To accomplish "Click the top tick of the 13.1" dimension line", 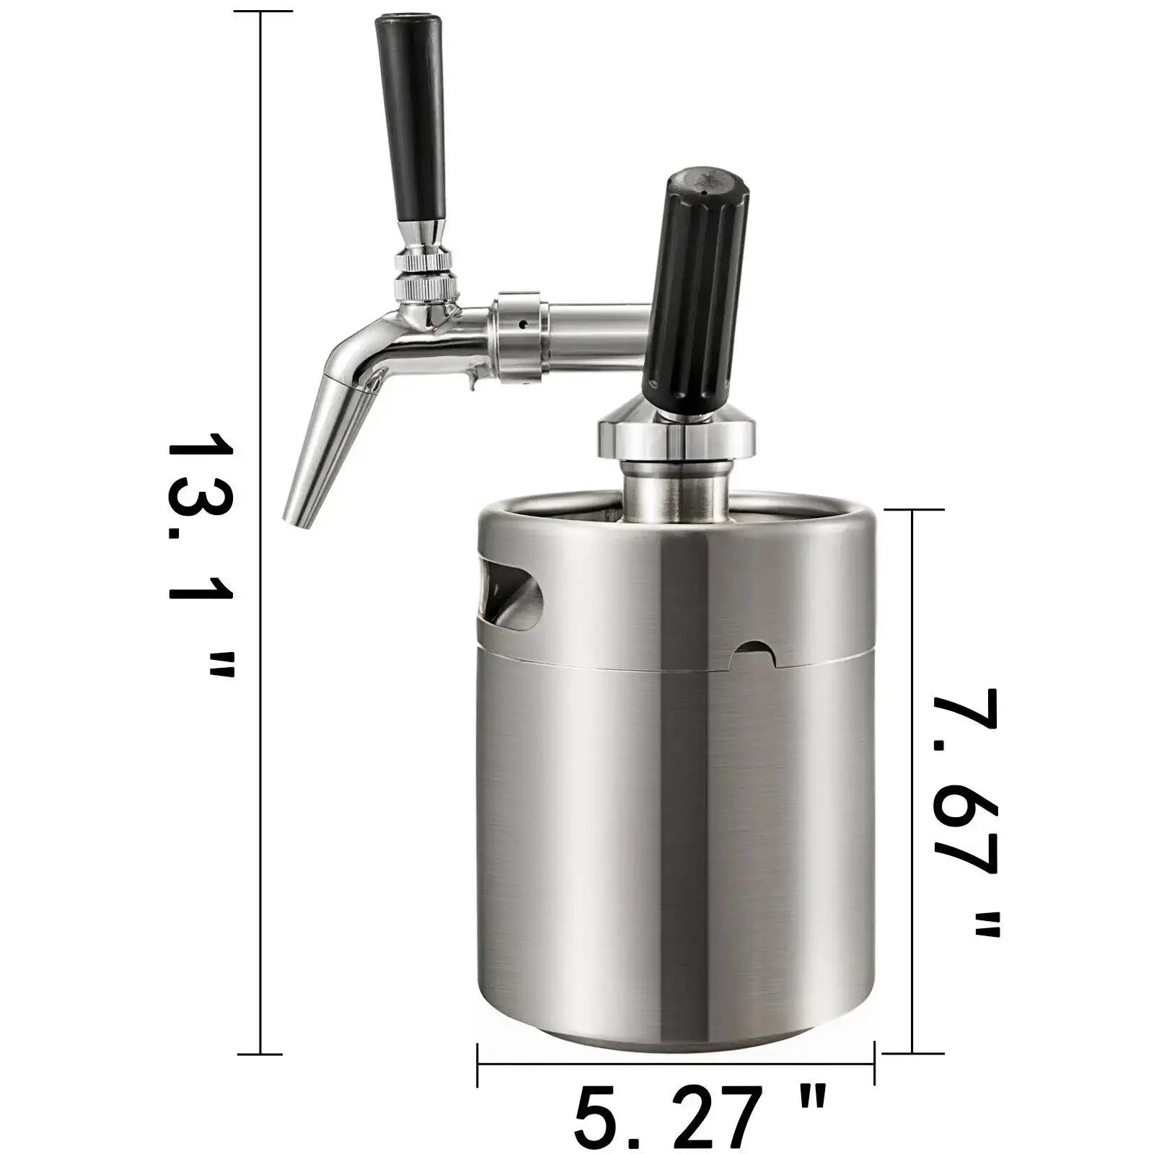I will (260, 12).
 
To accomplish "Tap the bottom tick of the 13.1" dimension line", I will (260, 1053).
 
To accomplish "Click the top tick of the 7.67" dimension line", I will (913, 509).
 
